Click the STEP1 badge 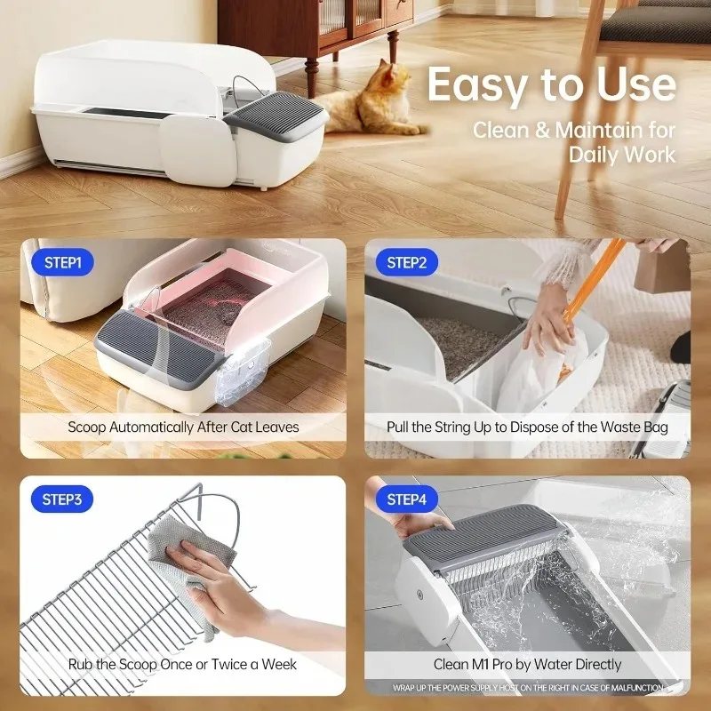(x=62, y=263)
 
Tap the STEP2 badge (x=407, y=263)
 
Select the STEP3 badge (x=62, y=499)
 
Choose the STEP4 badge (x=407, y=499)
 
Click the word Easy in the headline (x=479, y=85)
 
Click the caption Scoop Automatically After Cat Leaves (x=183, y=427)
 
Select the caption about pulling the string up (x=527, y=427)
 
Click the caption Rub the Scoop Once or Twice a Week (x=183, y=664)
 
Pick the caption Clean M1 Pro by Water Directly (x=527, y=664)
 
